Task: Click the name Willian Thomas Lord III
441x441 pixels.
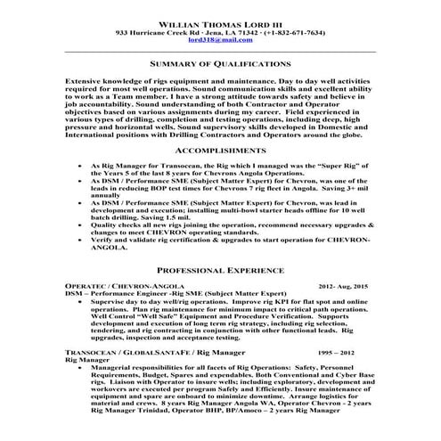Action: pyautogui.click(x=220, y=20)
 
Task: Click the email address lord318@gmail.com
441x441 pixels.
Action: pyautogui.click(x=220, y=39)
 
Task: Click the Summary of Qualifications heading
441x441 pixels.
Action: pyautogui.click(x=220, y=65)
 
